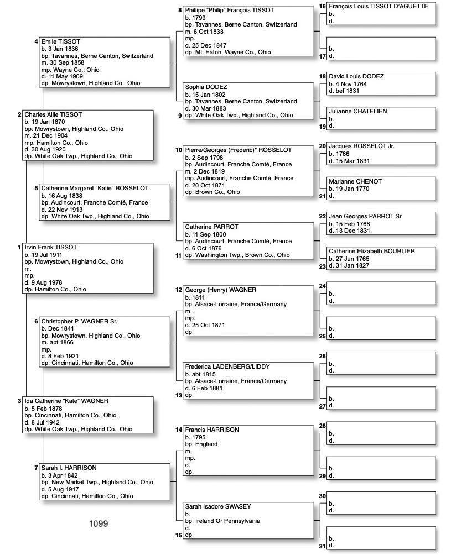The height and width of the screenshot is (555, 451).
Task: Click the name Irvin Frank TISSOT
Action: (x=50, y=247)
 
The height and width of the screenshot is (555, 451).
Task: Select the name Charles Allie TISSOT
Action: (x=53, y=114)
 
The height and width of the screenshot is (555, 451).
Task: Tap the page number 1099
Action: (x=99, y=523)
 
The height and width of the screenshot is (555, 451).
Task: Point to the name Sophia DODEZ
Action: (x=206, y=87)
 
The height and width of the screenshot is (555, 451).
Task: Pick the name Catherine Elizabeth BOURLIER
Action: (x=371, y=251)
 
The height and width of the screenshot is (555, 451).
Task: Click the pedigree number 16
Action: (x=323, y=6)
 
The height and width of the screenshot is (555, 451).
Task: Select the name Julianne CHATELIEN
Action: (x=357, y=111)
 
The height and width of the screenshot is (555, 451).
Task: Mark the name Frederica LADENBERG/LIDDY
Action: (x=227, y=366)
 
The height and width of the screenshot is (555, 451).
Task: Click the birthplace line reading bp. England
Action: (x=201, y=444)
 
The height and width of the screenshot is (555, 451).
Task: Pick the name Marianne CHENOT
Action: (x=355, y=181)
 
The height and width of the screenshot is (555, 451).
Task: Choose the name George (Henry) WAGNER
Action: (x=220, y=290)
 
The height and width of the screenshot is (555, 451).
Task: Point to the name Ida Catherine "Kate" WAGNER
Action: (x=66, y=401)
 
